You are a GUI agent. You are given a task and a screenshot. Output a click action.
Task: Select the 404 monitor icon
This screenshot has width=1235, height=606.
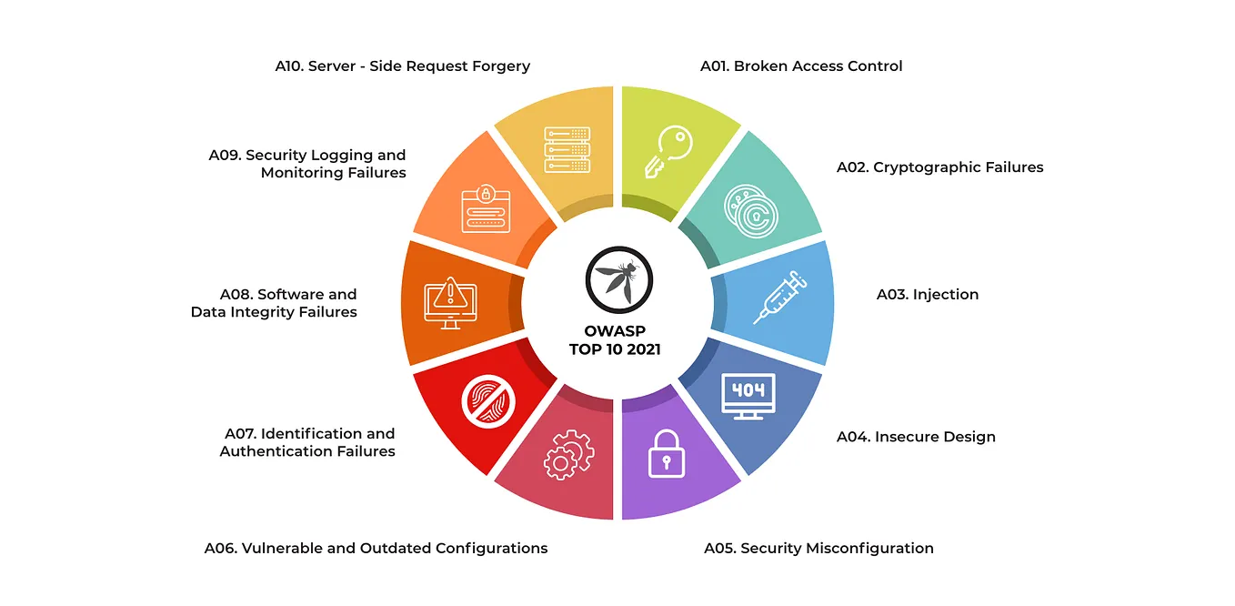748,397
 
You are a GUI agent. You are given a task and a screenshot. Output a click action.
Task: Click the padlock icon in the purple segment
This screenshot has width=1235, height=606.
667,453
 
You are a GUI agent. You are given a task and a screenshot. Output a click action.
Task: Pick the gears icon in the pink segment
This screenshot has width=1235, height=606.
568,455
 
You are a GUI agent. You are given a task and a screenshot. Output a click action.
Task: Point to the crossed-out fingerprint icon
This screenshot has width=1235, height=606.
487,401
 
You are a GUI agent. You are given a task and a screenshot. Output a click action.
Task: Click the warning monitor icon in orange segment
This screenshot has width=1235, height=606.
450,304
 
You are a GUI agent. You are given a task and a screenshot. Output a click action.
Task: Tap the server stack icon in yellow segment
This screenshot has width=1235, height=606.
567,149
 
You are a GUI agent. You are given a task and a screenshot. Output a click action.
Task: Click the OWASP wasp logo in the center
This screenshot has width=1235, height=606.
618,278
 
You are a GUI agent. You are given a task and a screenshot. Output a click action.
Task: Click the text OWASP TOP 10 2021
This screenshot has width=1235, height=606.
615,340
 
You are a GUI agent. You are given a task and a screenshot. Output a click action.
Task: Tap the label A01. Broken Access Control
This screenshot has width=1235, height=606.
801,66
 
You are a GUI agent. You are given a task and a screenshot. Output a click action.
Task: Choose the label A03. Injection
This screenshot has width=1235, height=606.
928,294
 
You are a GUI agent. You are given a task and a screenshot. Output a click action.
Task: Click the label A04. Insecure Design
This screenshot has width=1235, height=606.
916,437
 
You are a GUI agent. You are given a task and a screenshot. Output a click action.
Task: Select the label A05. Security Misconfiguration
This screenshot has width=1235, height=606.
818,548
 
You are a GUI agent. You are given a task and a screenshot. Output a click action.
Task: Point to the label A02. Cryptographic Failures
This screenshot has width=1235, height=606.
939,167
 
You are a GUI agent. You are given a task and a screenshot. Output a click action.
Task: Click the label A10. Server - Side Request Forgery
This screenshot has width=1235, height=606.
402,66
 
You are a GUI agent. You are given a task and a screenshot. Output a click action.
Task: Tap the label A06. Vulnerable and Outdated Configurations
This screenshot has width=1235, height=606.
376,548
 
